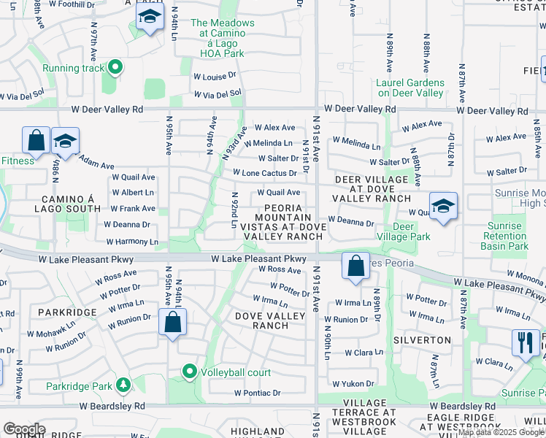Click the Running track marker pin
coord(115,69)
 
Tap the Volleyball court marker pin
coord(190,372)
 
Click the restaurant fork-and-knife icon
coord(525,342)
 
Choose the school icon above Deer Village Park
coord(442,206)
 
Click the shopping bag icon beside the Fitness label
coord(36,140)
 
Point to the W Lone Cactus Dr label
coord(264,173)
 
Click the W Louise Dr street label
coord(215,75)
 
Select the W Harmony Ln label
coord(132,242)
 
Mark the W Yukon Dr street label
coord(353,383)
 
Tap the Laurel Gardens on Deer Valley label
coord(409,88)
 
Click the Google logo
coord(24,429)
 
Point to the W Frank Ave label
coord(132,208)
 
